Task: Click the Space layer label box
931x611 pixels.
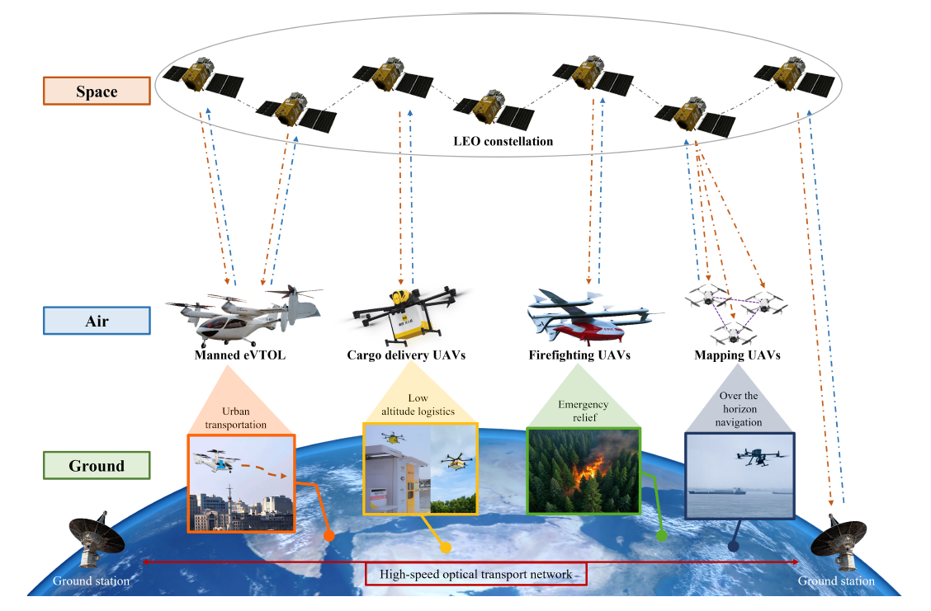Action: (x=96, y=91)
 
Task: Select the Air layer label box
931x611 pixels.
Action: (x=96, y=321)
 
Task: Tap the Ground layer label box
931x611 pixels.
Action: (x=96, y=465)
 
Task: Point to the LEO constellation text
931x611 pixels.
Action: (x=503, y=142)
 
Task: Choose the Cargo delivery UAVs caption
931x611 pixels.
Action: (x=406, y=356)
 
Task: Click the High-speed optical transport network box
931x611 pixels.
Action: (x=475, y=573)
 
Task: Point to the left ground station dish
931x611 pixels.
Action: (x=94, y=540)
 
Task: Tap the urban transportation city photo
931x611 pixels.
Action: (x=241, y=483)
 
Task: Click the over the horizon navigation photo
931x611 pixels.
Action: (x=740, y=475)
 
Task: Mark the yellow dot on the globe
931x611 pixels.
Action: (x=447, y=547)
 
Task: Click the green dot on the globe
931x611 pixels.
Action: (x=661, y=536)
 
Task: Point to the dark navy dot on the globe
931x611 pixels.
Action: (x=733, y=545)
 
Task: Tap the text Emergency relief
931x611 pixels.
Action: (x=583, y=410)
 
